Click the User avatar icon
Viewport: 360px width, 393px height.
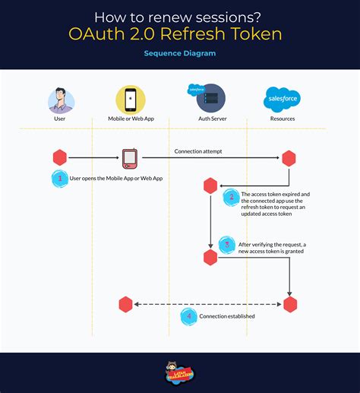click(61, 100)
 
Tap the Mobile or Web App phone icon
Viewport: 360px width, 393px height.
click(130, 100)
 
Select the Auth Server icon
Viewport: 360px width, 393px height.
click(210, 99)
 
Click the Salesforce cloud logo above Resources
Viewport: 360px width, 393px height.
click(282, 99)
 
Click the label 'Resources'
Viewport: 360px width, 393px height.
click(282, 119)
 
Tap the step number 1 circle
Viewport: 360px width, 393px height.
click(59, 179)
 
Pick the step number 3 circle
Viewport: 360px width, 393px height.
click(226, 244)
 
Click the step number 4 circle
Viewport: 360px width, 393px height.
click(188, 315)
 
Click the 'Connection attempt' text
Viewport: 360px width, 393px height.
click(199, 151)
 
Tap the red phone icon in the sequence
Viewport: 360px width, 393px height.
click(130, 158)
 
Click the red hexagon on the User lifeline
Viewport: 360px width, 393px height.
click(59, 158)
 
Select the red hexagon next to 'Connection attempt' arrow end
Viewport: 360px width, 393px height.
click(289, 158)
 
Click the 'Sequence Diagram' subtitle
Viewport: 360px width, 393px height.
click(179, 55)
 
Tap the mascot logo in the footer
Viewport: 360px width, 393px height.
click(180, 372)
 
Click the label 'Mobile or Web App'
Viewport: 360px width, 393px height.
click(130, 119)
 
